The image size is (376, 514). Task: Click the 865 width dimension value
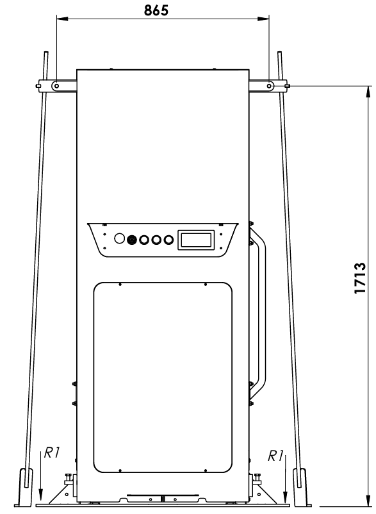(x=156, y=10)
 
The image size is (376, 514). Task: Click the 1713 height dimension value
(x=359, y=278)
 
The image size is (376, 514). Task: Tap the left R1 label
(x=52, y=452)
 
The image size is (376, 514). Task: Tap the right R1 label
(x=276, y=456)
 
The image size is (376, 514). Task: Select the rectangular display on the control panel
(x=196, y=240)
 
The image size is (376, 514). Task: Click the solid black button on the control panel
(x=132, y=240)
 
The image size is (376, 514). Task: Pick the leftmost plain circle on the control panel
(x=120, y=238)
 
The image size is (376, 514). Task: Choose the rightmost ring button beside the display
(x=168, y=240)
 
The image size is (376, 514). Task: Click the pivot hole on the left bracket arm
(x=56, y=86)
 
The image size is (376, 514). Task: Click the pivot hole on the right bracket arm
(x=269, y=86)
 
